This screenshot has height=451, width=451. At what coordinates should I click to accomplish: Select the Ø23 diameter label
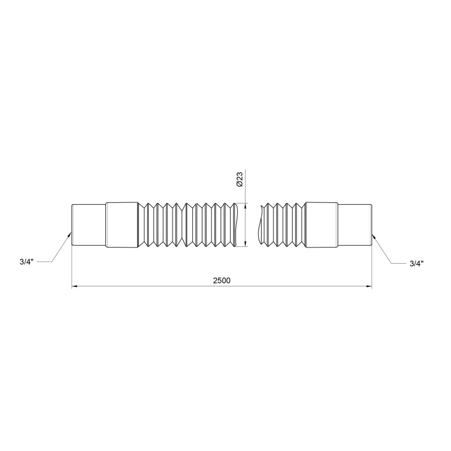(x=239, y=180)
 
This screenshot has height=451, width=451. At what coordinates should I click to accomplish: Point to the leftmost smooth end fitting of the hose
(x=89, y=224)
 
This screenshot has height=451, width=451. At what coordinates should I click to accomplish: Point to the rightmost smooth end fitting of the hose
(x=354, y=224)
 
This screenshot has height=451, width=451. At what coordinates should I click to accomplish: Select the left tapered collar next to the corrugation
(x=122, y=224)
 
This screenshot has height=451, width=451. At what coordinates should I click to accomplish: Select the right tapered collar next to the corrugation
(x=321, y=224)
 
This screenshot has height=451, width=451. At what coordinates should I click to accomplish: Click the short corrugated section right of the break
(x=282, y=224)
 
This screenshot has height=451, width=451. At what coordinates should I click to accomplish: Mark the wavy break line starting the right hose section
(x=258, y=224)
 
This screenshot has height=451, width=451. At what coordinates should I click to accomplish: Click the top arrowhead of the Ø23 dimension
(x=246, y=205)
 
